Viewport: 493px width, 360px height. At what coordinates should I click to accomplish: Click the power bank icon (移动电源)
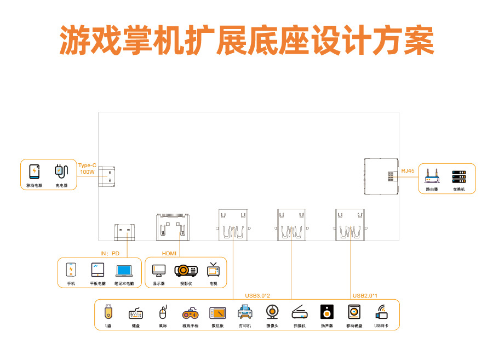click(x=34, y=172)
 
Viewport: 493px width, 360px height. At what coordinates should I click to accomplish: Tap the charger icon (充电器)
click(x=61, y=172)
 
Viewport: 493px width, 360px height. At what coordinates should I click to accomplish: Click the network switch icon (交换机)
click(x=458, y=176)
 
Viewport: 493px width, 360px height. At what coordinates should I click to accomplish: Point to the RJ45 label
click(x=408, y=171)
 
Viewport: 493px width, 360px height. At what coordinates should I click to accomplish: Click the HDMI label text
click(x=169, y=253)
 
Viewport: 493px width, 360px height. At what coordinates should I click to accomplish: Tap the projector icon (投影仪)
click(x=186, y=270)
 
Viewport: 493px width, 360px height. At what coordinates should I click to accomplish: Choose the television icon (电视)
click(x=213, y=270)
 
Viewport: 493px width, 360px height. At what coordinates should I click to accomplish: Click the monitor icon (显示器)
click(x=159, y=270)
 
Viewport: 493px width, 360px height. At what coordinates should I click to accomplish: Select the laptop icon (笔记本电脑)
click(x=124, y=270)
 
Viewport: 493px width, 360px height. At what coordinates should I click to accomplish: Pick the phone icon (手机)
click(x=71, y=270)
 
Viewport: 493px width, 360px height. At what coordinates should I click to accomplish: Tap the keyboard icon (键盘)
click(x=136, y=313)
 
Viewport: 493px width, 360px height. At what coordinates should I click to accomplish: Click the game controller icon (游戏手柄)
click(x=190, y=313)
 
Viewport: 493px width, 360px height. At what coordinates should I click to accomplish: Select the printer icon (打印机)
click(x=245, y=313)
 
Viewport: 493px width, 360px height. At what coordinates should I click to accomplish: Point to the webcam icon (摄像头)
click(x=272, y=312)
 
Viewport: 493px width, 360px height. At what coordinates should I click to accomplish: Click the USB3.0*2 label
click(x=257, y=296)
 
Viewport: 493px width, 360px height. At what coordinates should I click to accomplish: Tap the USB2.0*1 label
click(x=365, y=296)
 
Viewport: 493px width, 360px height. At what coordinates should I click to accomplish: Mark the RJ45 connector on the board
click(x=381, y=176)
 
